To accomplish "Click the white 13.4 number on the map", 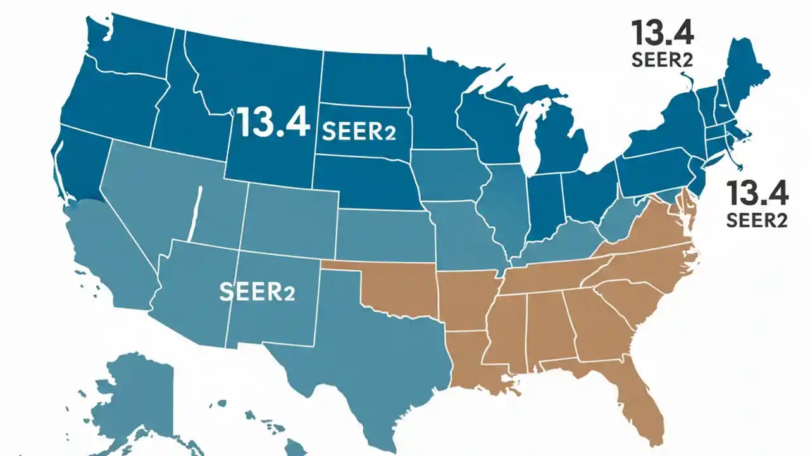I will click(x=273, y=122).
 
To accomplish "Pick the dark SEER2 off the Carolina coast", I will click(x=757, y=220).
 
